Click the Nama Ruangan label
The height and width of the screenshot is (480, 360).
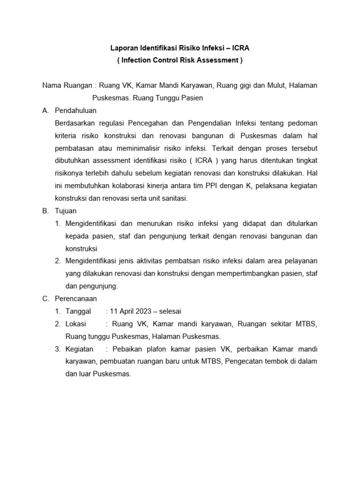pyautogui.click(x=67, y=85)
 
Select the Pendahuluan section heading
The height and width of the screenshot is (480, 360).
pyautogui.click(x=75, y=111)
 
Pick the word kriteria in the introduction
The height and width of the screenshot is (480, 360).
pyautogui.click(x=67, y=136)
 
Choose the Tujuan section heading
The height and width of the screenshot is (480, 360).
pyautogui.click(x=66, y=211)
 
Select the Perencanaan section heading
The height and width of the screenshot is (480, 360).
pyautogui.click(x=75, y=299)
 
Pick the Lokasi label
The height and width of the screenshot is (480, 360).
pyautogui.click(x=76, y=323)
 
